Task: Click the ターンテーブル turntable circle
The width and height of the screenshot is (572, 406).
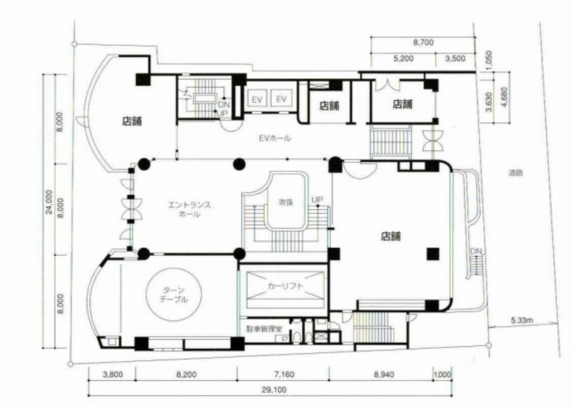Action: click(146, 294)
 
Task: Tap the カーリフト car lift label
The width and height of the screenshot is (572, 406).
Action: click(285, 286)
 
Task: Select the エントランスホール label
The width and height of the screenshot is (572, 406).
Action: click(190, 209)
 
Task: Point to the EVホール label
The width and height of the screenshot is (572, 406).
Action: click(275, 138)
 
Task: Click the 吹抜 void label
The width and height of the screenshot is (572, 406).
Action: click(286, 203)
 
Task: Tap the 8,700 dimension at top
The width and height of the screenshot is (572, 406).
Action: click(423, 42)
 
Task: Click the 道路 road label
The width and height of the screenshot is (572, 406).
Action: click(515, 173)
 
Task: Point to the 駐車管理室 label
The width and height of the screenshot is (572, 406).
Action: click(264, 329)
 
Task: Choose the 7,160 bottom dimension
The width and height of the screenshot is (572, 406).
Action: click(284, 375)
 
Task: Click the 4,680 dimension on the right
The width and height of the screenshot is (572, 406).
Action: click(505, 97)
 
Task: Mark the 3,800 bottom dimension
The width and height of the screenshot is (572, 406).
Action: click(112, 375)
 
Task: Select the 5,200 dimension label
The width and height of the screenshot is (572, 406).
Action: click(403, 59)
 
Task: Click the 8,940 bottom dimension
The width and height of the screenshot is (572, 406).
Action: click(384, 375)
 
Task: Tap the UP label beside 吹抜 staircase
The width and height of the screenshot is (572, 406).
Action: click(317, 199)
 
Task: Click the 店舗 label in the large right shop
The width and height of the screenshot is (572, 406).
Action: click(391, 236)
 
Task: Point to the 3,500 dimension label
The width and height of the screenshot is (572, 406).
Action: click(455, 59)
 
